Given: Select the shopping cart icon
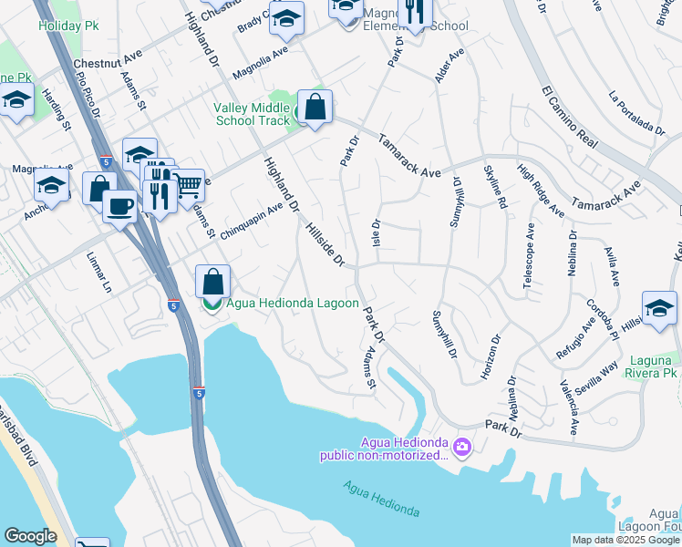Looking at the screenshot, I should point(188,185).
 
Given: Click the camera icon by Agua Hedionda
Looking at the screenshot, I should point(462,446).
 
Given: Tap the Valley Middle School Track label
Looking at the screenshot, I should point(251,114).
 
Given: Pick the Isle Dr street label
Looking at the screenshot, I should point(376,237).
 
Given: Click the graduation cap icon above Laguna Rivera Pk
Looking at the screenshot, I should point(659,309).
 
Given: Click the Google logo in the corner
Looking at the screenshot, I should point(30,535).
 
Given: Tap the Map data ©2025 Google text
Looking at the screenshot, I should point(625,540).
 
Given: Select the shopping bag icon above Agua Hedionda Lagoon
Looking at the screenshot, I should point(212,281).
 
